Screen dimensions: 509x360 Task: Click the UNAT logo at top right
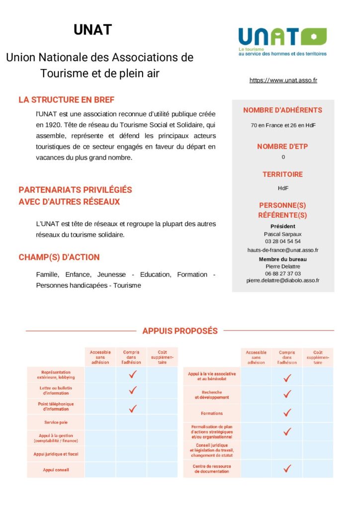coord(282,41)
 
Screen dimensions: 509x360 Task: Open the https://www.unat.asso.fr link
coord(283,80)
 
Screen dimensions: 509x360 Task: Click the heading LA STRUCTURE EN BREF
coord(67,100)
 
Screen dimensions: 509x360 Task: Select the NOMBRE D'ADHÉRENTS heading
coord(282,110)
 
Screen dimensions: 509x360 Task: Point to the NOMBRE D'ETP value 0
coord(283,157)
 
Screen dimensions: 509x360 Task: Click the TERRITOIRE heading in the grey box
coord(282,174)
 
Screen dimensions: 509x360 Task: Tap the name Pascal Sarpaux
coord(282,234)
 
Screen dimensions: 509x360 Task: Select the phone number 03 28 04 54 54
coord(282,242)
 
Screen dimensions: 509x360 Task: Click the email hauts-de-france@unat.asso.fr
coord(283,250)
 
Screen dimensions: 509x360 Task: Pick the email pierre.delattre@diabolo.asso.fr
coord(283,280)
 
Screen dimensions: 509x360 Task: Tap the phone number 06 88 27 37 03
coord(282,273)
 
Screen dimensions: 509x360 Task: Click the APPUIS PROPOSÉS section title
coord(180,331)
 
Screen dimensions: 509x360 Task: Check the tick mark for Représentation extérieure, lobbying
coord(133,375)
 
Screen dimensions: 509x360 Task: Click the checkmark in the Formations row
coord(287,413)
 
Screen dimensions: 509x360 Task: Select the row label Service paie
coord(56,422)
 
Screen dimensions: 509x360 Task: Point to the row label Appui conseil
coord(56,470)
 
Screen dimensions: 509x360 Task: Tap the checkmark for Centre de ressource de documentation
coord(287,468)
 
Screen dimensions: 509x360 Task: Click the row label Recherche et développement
coord(212,395)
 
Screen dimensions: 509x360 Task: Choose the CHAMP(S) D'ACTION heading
coord(59,257)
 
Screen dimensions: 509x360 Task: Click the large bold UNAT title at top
coord(93,30)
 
